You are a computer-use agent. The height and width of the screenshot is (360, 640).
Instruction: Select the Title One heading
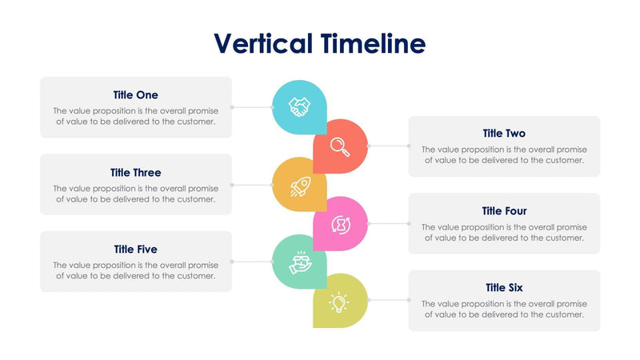pos(135,95)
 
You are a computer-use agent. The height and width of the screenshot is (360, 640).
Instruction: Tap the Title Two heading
pos(504,134)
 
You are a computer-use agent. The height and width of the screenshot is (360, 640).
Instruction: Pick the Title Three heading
pos(135,172)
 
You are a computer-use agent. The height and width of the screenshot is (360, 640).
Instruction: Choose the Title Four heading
pos(504,211)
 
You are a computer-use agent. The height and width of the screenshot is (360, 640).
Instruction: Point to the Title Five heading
pos(135,250)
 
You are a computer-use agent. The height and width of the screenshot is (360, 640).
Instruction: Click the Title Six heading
pos(504,288)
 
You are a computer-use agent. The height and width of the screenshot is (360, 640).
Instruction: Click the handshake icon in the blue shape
pos(299,107)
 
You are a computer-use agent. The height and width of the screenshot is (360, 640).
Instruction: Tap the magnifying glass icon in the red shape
pos(340,146)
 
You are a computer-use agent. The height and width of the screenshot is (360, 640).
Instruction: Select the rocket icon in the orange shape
pos(299,186)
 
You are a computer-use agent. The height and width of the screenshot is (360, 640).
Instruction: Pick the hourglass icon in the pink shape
pos(340,224)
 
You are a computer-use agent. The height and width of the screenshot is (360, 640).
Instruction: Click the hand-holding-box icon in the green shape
pos(299,262)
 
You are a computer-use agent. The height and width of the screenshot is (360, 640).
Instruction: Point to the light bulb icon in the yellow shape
pos(340,302)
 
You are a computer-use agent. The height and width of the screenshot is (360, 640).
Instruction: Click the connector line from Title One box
pos(252,107)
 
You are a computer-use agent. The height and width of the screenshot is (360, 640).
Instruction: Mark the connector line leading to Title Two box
pos(388,146)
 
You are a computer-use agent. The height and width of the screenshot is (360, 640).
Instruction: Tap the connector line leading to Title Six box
pos(388,301)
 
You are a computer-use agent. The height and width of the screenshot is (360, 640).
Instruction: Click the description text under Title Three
pos(135,194)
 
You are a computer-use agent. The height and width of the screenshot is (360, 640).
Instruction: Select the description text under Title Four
pos(504,233)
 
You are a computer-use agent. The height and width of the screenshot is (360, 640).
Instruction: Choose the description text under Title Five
pos(135,270)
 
